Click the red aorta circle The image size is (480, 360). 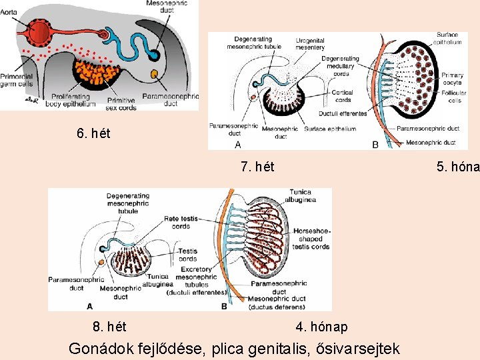tap(39, 31)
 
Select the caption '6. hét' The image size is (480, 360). tap(93, 133)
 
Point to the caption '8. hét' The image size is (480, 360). tap(109, 327)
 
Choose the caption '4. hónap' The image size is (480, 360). tap(321, 327)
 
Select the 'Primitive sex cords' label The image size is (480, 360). tap(121, 103)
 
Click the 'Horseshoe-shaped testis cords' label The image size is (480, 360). tap(311, 239)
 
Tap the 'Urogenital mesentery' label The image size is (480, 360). tap(311, 44)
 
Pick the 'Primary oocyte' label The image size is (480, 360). tap(453, 79)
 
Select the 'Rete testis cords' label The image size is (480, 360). tap(181, 222)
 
